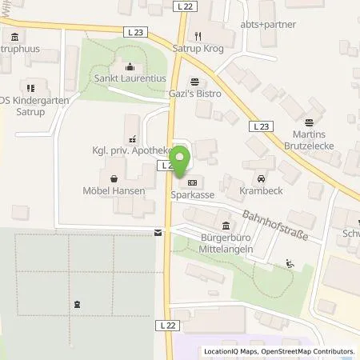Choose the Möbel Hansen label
tap(114, 192)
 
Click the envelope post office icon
tap(158, 233)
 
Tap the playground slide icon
tap(289, 264)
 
